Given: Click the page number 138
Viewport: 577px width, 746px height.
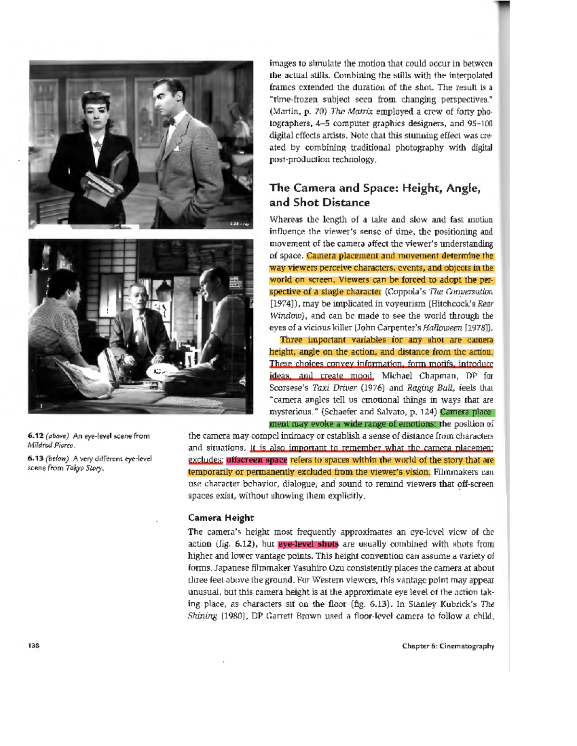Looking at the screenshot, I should click(34, 646).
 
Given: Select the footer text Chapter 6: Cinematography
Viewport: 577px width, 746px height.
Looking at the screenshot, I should click(448, 646).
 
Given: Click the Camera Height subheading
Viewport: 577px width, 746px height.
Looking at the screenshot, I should click(221, 517).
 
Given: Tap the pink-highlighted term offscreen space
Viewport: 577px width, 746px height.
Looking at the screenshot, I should click(257, 460).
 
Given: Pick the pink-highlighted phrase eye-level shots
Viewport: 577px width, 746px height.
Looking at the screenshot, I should click(308, 544).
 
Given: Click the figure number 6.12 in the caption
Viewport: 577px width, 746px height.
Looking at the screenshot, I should click(35, 436).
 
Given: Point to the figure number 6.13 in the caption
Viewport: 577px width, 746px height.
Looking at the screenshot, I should click(35, 458).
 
